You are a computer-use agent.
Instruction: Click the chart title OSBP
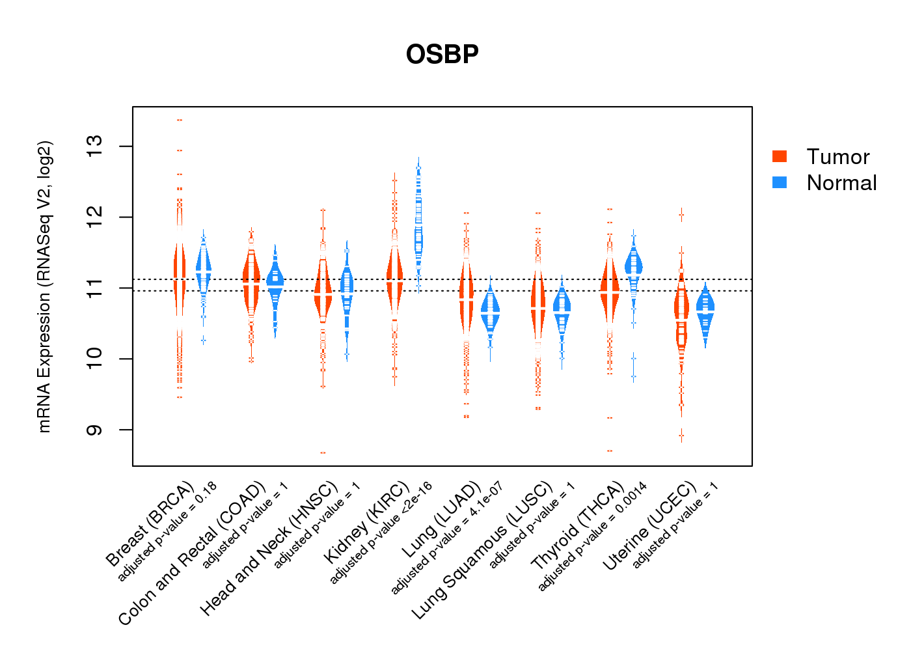(x=442, y=54)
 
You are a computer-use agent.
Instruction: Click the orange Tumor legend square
(x=780, y=156)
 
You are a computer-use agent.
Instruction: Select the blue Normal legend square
(x=780, y=182)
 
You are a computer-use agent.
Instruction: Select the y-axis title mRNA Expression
(x=44, y=286)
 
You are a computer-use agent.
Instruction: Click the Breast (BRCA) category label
(x=150, y=524)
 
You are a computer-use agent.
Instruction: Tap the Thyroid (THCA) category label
(x=577, y=527)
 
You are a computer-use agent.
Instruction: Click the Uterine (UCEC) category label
(x=649, y=527)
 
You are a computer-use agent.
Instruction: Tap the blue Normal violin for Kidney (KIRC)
(x=418, y=234)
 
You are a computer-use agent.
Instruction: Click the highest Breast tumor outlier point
(x=180, y=120)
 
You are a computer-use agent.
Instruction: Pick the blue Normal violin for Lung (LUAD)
(x=490, y=309)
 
